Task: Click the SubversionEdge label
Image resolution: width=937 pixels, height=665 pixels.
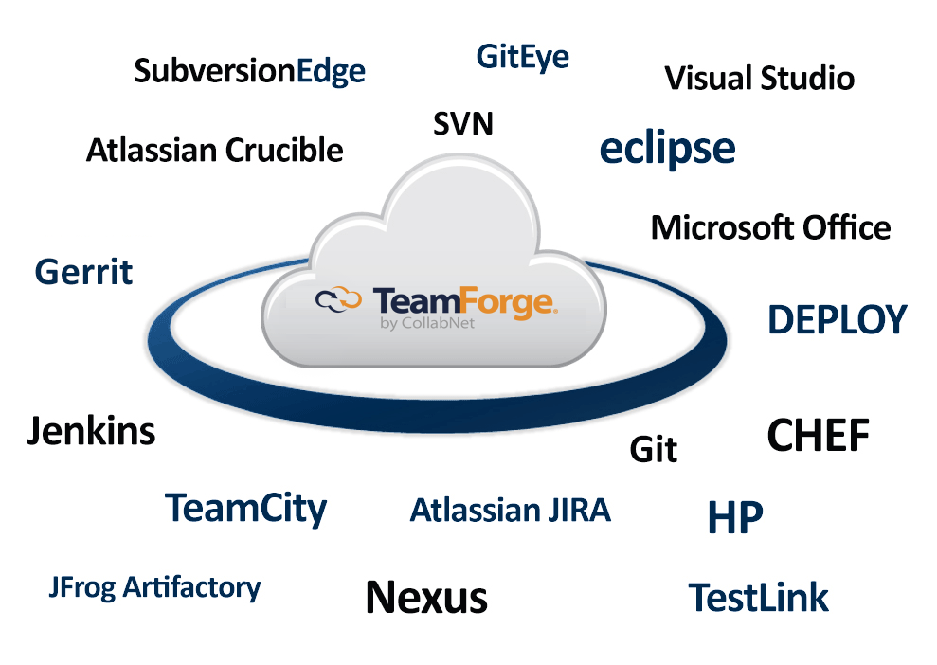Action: [249, 72]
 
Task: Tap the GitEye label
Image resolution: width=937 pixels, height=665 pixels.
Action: [523, 58]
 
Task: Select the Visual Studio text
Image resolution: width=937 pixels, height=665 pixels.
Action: [759, 78]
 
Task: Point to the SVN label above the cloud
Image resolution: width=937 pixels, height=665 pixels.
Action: [463, 123]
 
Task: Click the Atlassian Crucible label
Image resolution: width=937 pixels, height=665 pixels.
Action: [215, 150]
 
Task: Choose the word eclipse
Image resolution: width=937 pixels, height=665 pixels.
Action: [667, 149]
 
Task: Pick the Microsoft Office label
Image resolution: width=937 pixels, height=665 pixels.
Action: [770, 227]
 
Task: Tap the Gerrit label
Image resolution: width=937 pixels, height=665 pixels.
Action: [83, 273]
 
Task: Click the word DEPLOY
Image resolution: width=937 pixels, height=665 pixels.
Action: [837, 320]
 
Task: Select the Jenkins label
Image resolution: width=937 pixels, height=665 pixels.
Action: [91, 432]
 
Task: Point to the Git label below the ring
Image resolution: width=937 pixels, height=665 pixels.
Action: [654, 449]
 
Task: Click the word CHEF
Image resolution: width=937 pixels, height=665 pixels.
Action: [818, 436]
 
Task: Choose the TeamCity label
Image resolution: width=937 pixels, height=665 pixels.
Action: [246, 509]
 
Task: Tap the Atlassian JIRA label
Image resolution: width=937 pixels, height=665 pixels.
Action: [510, 511]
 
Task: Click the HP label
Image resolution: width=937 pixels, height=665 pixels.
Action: [735, 517]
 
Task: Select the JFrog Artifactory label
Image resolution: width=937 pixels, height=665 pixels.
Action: [154, 587]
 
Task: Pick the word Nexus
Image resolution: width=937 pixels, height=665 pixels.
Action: [426, 597]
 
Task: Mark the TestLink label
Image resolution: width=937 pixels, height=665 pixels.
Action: [758, 598]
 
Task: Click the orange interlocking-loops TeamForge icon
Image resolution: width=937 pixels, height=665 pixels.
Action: [338, 300]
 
